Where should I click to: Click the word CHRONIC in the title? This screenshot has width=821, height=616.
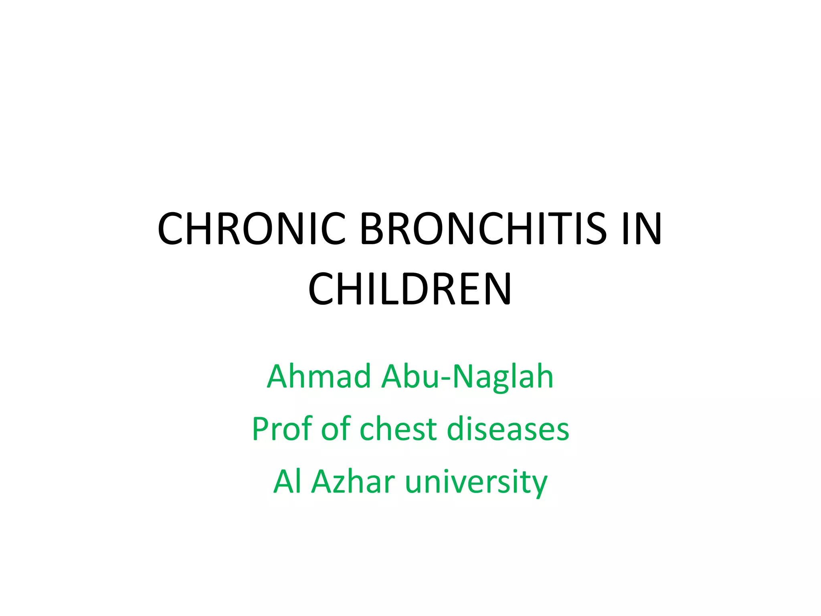[251, 229]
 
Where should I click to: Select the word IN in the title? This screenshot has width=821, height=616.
[642, 229]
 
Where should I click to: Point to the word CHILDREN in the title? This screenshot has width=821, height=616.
[410, 289]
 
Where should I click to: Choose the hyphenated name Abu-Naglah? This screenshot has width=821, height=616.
[467, 377]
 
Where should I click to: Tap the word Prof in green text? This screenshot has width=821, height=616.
[281, 429]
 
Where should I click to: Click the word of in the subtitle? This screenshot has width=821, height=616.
[336, 429]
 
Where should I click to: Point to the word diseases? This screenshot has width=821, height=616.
[508, 429]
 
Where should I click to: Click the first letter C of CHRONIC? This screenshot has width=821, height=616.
[171, 229]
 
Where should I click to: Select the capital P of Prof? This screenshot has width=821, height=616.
[261, 429]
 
